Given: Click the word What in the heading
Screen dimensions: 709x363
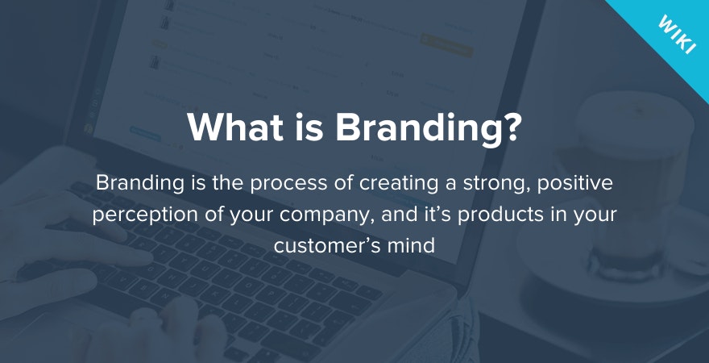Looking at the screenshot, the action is (x=234, y=127).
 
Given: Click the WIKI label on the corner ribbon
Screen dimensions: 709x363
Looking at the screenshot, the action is (x=677, y=35).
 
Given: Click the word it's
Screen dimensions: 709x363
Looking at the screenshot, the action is (x=437, y=215).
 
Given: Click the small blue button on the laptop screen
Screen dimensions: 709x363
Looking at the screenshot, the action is (x=145, y=134).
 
